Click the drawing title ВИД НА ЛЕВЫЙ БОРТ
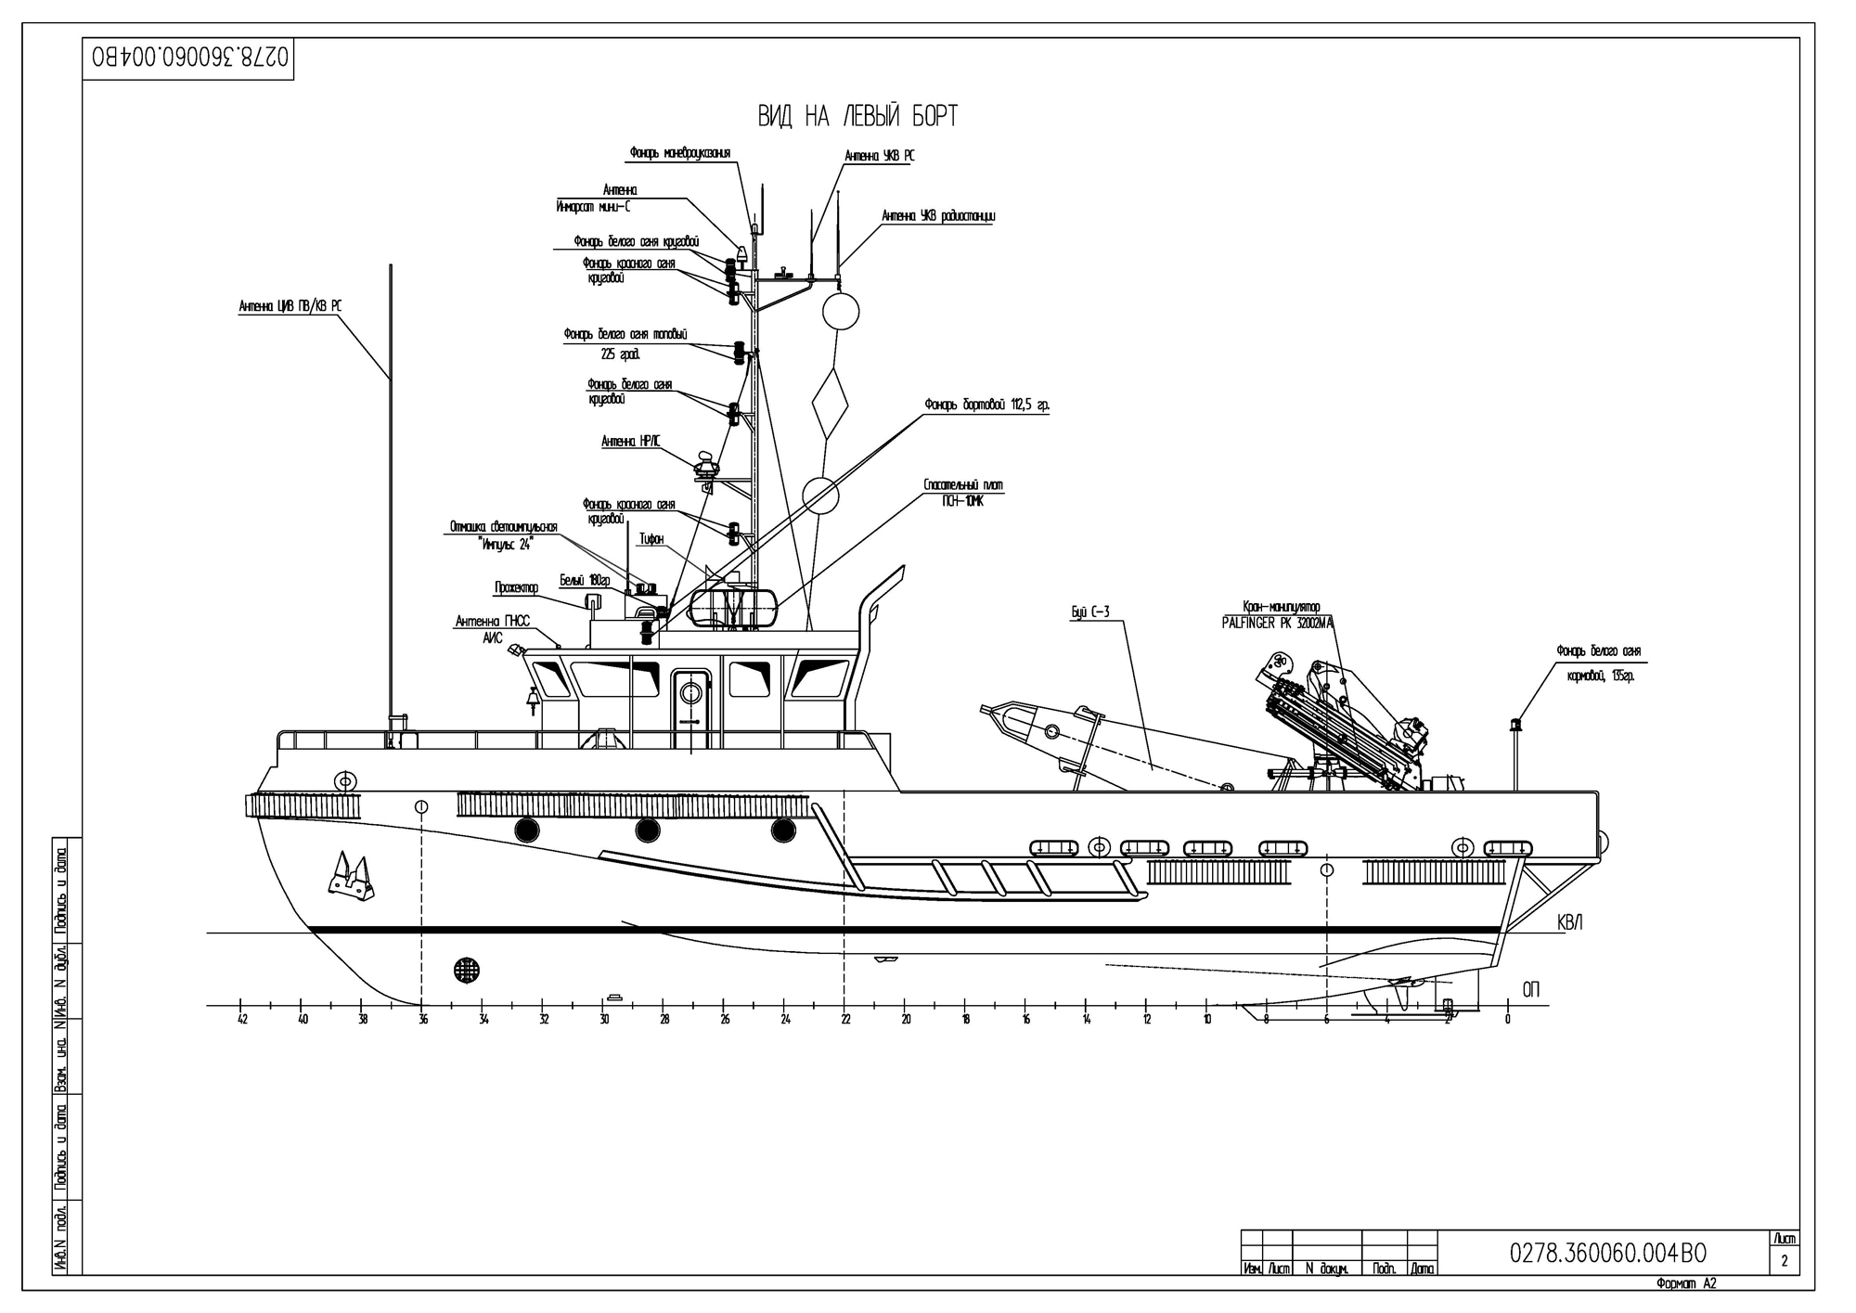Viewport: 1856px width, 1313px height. click(857, 117)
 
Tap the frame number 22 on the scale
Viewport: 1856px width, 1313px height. click(844, 1020)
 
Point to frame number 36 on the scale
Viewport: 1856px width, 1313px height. click(423, 1020)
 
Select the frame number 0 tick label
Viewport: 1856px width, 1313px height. click(1507, 1020)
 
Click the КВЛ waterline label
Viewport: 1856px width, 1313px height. click(1569, 923)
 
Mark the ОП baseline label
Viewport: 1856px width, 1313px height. click(1530, 991)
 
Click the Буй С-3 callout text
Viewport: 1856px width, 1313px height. click(1090, 612)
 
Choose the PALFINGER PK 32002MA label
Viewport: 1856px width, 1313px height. click(1278, 624)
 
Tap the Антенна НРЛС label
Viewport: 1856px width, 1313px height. click(631, 442)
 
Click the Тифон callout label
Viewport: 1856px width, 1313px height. click(651, 539)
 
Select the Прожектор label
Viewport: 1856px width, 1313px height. click(516, 587)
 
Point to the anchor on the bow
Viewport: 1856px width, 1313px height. click(352, 878)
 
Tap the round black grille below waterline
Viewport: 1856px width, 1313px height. click(467, 971)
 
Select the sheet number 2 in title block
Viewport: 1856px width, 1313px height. click(1784, 1262)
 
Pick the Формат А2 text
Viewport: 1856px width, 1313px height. click(1686, 1284)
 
